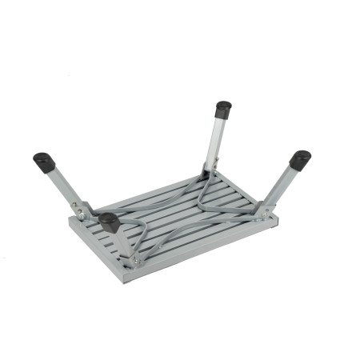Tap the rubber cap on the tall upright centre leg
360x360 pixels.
(x=223, y=109)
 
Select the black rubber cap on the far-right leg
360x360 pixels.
(x=300, y=159)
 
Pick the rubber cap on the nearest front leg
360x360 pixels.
(x=109, y=222)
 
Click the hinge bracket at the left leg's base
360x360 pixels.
(x=81, y=210)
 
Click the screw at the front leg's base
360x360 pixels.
(x=136, y=260)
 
